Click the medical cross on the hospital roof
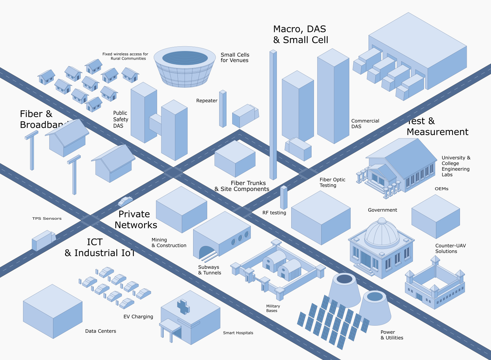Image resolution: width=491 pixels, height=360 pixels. pos(183,307)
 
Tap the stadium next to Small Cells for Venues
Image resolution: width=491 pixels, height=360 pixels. pos(185,67)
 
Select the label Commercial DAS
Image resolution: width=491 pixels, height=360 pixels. pos(365,124)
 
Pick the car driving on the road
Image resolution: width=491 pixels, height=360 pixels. pos(125,201)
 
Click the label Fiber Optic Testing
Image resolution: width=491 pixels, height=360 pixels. pos(332,182)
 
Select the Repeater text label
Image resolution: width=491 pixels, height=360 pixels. pos(206,101)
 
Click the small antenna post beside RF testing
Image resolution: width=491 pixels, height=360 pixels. pos(284,198)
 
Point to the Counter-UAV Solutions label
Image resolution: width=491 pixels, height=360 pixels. pos(450,248)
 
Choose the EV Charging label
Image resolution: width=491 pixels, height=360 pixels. pos(138,317)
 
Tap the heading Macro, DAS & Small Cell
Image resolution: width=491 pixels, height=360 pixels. pos(301,34)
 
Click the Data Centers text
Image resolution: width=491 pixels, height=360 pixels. pos(100,331)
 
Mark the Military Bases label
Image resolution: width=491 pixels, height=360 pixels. pos(273,308)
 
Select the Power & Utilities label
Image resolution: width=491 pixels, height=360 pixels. pos(392,335)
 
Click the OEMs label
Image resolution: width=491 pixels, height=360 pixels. pos(441,189)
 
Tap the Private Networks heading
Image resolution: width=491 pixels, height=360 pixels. pos(135,219)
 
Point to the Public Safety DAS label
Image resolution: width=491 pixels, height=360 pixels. pos(120,119)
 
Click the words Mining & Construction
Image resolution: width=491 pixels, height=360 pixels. pos(169,243)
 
